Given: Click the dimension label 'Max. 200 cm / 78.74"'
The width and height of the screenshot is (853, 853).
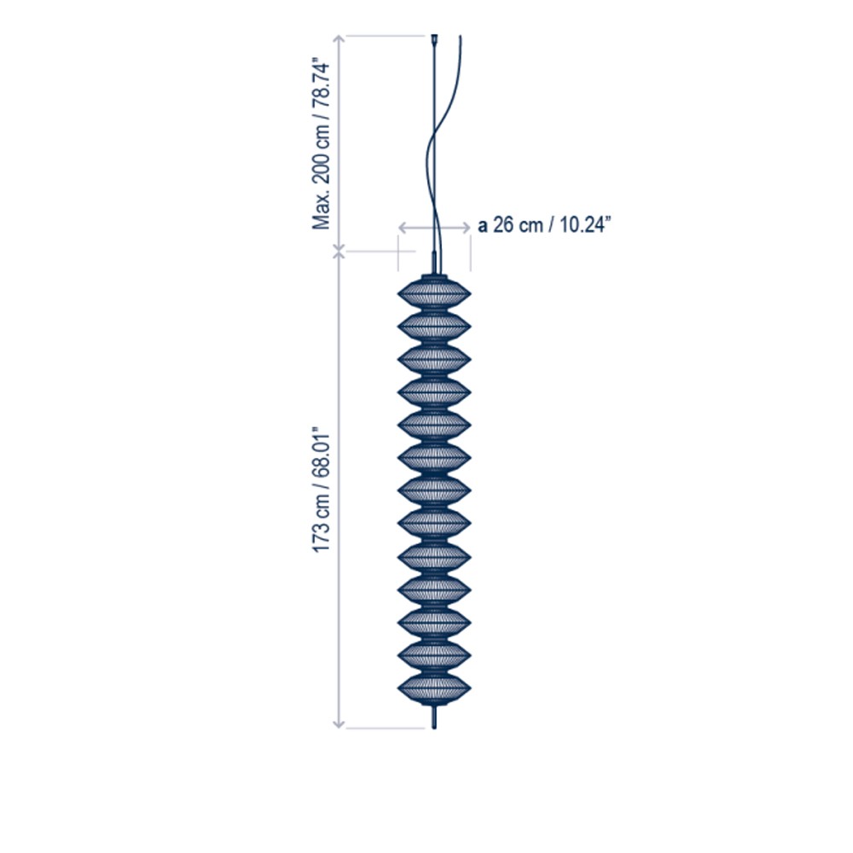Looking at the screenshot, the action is (x=321, y=146).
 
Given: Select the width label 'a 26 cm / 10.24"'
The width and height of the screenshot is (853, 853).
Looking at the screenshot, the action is (x=544, y=224).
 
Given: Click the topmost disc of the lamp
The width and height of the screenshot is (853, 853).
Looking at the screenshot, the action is (x=434, y=293).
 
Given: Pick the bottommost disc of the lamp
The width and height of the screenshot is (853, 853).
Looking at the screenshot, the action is (x=434, y=688).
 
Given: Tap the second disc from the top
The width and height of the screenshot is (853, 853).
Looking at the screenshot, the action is (x=434, y=327).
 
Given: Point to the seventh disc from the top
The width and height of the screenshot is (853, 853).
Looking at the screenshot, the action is (x=434, y=491).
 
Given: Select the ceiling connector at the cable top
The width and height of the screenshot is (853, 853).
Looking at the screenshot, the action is (x=434, y=40).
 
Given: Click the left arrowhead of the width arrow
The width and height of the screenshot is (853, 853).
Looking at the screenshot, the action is (x=402, y=228).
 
